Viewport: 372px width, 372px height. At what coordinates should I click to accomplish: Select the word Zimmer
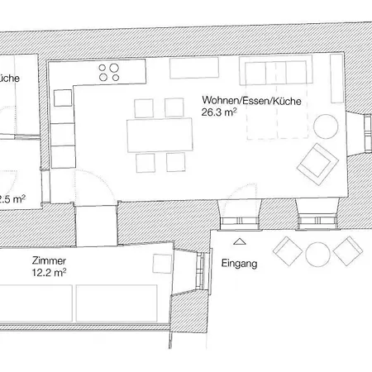(49, 259)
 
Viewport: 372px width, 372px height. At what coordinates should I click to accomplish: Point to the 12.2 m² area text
(49, 271)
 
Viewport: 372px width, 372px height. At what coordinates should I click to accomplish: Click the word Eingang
(240, 265)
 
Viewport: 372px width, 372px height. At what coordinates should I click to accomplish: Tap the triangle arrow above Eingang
(240, 242)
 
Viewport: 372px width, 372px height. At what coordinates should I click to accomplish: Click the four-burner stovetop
(110, 71)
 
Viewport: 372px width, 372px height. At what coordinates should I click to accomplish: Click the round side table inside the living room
(326, 126)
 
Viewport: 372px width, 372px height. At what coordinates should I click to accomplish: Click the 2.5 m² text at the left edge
(12, 198)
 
